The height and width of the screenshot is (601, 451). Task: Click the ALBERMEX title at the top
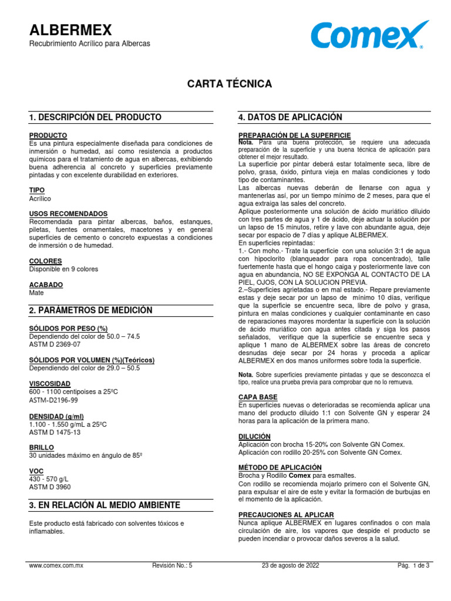tap(70, 30)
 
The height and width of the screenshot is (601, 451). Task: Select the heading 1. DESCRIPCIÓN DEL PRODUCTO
tap(95, 117)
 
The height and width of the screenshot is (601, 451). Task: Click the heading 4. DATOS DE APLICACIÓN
tap(290, 117)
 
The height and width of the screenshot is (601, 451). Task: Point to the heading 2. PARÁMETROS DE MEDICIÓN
tap(90, 310)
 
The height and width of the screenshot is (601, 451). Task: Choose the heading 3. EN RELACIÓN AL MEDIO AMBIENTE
tap(105, 505)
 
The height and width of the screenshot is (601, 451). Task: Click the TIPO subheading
tap(37, 191)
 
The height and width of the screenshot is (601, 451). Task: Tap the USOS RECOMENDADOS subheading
tap(68, 214)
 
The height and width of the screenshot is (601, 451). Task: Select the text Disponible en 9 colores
tap(64, 269)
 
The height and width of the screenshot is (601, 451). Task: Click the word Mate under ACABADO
tap(36, 292)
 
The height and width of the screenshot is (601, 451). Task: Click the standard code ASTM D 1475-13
tap(55, 432)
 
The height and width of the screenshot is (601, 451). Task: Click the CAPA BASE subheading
tap(257, 397)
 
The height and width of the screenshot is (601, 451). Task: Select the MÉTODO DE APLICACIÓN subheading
tap(280, 467)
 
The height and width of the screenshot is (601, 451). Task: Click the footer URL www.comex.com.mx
tap(56, 566)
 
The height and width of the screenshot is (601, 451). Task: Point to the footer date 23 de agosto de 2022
tap(290, 566)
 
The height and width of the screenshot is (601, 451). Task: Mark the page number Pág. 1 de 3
tap(413, 566)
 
